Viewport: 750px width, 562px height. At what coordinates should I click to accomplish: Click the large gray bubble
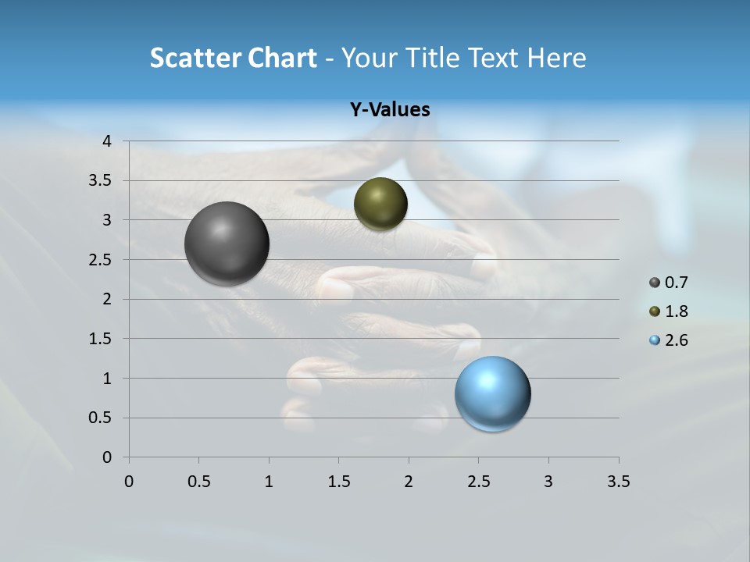227,244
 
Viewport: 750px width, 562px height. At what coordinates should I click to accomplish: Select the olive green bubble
380,204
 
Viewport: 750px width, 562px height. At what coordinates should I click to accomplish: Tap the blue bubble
493,393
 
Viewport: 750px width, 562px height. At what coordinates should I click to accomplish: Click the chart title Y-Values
390,110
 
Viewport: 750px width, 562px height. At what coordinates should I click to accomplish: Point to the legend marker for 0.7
655,283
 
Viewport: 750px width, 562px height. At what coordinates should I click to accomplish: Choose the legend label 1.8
676,311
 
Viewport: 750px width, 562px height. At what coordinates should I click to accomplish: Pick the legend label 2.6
676,340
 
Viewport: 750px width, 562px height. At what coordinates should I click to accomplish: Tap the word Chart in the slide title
282,58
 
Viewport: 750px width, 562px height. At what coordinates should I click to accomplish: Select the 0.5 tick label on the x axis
198,482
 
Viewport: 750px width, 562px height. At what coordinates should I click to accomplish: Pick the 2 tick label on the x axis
409,482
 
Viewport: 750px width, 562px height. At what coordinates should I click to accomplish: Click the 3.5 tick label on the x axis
618,482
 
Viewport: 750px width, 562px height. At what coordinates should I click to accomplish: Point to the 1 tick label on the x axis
269,482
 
